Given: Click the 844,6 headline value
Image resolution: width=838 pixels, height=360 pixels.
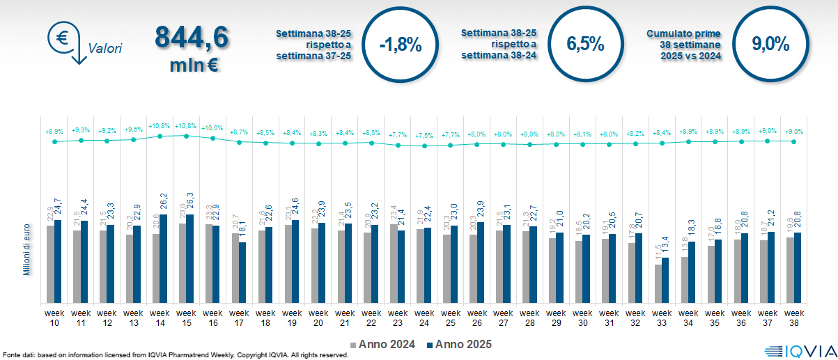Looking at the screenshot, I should pyautogui.click(x=191, y=38).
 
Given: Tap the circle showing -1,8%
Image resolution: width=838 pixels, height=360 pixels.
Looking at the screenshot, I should pyautogui.click(x=400, y=45).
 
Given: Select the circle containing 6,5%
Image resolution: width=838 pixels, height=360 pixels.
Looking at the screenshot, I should pyautogui.click(x=585, y=45).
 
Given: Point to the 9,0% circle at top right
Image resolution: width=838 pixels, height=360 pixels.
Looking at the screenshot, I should pyautogui.click(x=770, y=45).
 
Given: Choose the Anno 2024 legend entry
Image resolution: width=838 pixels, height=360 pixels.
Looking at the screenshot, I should pyautogui.click(x=382, y=344).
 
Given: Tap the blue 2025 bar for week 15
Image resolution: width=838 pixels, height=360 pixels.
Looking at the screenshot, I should pyautogui.click(x=190, y=258).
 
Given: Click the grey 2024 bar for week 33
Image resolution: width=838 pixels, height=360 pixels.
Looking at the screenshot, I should pyautogui.click(x=658, y=284).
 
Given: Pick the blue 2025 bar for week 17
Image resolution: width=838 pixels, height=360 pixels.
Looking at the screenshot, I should pyautogui.click(x=243, y=272).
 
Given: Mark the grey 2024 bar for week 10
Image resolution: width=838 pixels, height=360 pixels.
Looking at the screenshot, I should pyautogui.click(x=50, y=264).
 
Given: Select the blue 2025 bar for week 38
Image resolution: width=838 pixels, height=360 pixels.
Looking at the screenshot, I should pyautogui.click(x=798, y=268).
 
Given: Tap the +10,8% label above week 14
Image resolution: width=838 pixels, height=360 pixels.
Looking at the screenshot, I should pyautogui.click(x=160, y=126).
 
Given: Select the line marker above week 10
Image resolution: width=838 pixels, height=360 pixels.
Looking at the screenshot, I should pyautogui.click(x=54, y=141).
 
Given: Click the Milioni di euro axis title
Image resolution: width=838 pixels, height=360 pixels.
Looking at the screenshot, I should pyautogui.click(x=26, y=249).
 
